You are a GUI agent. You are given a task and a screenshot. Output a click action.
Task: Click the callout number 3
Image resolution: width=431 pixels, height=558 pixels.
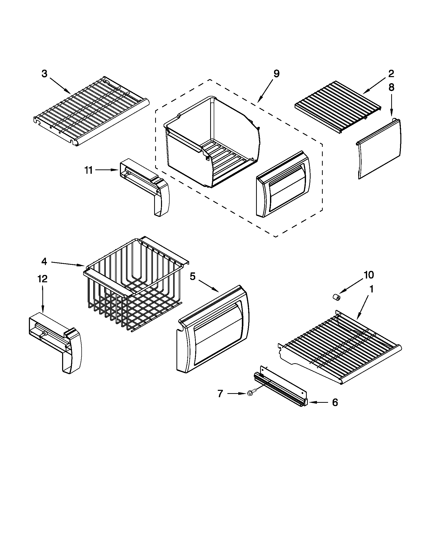point(44,74)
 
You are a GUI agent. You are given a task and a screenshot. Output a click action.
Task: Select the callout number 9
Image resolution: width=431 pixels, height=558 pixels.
point(277,74)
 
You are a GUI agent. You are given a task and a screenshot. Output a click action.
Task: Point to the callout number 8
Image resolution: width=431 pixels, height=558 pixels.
point(391,88)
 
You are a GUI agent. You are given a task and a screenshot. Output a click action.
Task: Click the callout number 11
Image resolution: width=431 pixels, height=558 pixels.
point(88,170)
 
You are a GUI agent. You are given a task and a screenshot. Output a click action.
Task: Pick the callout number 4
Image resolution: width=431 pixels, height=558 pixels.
point(44,262)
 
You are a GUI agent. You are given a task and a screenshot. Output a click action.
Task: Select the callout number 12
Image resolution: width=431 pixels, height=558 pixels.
point(42,279)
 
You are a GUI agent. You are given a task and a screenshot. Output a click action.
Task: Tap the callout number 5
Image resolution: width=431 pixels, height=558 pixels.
point(192,276)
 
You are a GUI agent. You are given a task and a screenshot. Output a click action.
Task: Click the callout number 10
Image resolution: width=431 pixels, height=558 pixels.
point(369,275)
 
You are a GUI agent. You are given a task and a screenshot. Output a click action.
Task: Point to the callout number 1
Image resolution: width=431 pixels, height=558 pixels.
point(371,289)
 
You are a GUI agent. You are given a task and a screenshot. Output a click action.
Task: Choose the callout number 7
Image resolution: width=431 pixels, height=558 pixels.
point(220,394)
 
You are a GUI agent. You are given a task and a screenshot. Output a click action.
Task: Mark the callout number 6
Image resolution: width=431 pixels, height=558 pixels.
point(335,403)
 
